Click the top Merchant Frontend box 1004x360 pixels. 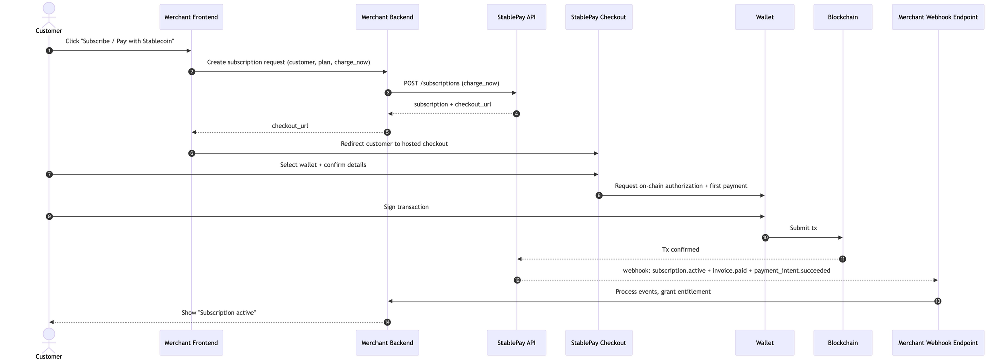(191, 17)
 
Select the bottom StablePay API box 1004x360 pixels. (516, 343)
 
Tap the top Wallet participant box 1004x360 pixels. (764, 17)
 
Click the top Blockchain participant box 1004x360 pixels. (842, 17)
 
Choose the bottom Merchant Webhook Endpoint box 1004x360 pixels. (937, 343)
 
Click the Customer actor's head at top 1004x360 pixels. (49, 8)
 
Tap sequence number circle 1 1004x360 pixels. (49, 51)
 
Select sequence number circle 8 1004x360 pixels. (599, 196)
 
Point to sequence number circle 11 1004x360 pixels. (842, 259)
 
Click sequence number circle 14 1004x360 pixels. (387, 322)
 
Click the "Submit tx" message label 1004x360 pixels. (803, 228)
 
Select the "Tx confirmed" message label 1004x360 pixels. (680, 250)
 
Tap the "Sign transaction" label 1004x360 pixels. (406, 207)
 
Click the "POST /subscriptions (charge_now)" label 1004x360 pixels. (451, 83)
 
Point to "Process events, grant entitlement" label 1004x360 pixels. (663, 292)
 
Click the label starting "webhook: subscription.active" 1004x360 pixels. (726, 271)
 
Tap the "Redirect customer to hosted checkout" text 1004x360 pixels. (394, 144)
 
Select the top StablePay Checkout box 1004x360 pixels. (598, 17)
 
